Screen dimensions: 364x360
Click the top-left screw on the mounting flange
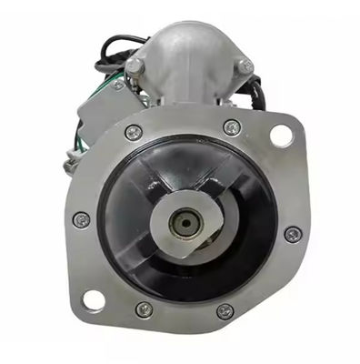[x=134, y=132]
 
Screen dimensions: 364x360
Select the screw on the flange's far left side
[x=81, y=219]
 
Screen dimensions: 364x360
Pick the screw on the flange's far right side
[x=292, y=234]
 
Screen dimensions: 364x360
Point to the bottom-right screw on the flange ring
[x=225, y=311]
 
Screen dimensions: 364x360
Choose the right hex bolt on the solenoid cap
[x=243, y=66]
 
